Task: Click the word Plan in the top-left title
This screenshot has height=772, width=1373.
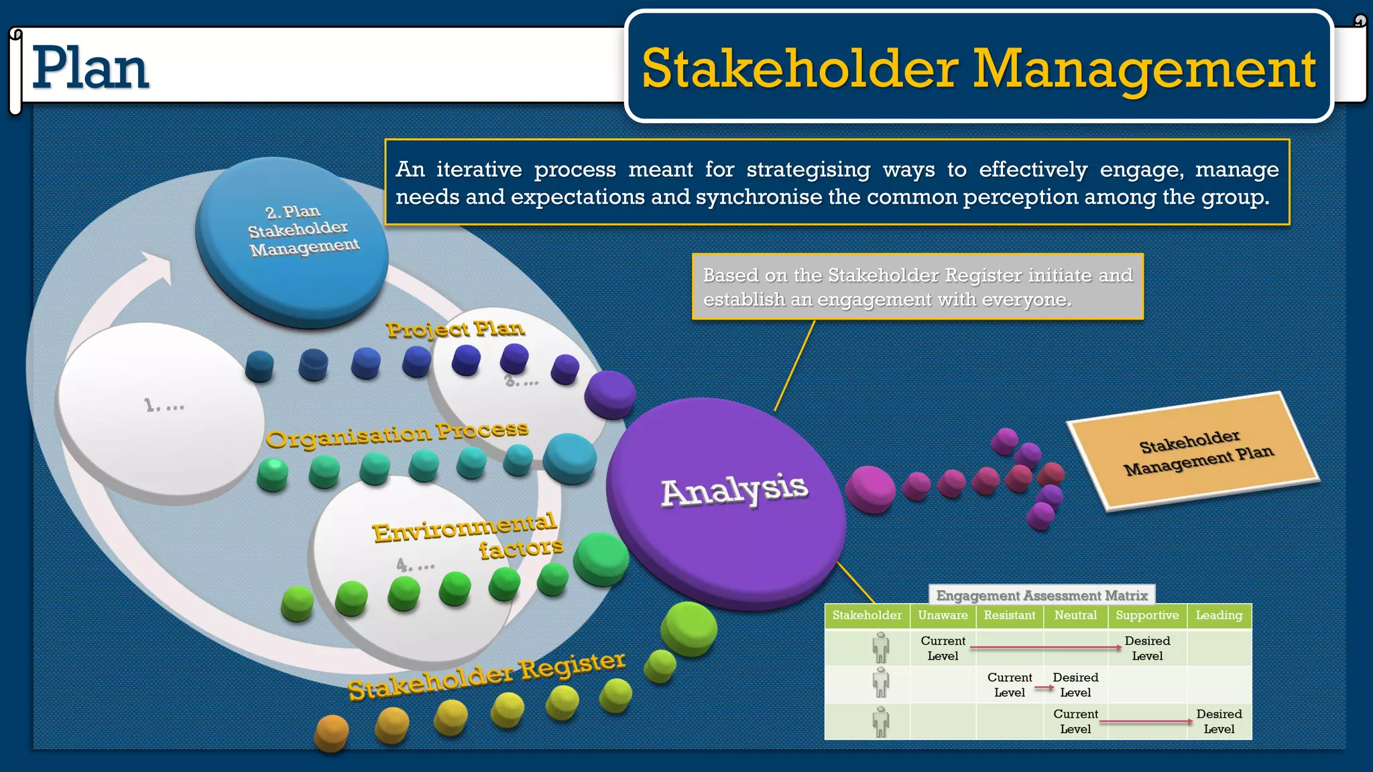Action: pos(91,68)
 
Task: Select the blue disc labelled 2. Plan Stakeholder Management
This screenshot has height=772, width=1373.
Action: pos(292,238)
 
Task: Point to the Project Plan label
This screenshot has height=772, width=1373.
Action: pos(455,329)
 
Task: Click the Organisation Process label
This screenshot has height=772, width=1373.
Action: pos(397,435)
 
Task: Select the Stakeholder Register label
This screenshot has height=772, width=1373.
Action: pos(487,675)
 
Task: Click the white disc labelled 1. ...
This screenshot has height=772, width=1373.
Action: pos(161,406)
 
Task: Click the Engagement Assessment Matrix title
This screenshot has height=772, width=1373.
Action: pos(1042,595)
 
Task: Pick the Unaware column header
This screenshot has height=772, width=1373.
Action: pos(943,615)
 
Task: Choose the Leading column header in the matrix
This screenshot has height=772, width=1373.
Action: pos(1219,615)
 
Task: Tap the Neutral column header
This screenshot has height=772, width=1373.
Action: pos(1075,615)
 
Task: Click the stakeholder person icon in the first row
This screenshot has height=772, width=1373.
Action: pos(880,647)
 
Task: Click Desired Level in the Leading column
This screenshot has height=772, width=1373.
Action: pos(1219,721)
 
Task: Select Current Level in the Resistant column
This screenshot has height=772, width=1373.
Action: pos(1009,684)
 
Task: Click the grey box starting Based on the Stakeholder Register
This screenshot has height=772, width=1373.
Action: pos(917,287)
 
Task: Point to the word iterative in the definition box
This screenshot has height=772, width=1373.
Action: pos(479,170)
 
